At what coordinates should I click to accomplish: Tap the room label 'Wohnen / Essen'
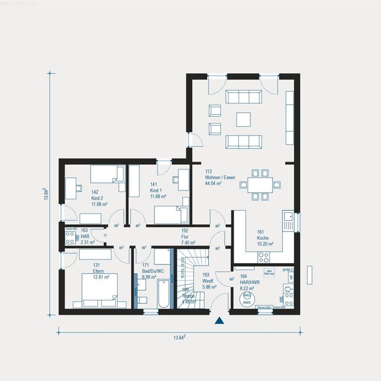[220, 178]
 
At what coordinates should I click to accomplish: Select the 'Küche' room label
[264, 238]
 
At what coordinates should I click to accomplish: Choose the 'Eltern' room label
[85, 271]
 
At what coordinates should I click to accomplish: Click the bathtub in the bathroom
[164, 294]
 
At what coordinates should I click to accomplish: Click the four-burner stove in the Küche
[263, 257]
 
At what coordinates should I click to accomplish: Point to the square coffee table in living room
[244, 120]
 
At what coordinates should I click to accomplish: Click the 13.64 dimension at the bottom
[179, 337]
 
